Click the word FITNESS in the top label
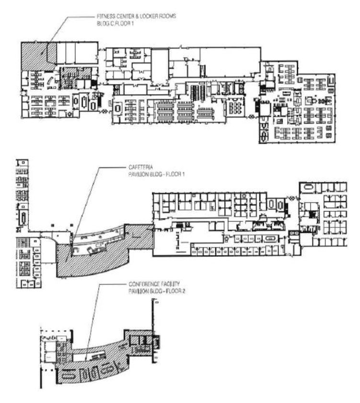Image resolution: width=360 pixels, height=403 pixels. [x=105, y=16]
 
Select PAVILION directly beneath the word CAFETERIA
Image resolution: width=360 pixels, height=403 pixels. [x=139, y=174]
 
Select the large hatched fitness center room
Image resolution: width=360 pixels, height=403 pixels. [x=34, y=57]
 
